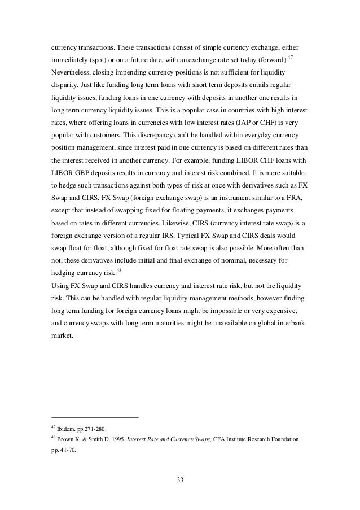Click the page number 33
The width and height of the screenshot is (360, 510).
point(180,481)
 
